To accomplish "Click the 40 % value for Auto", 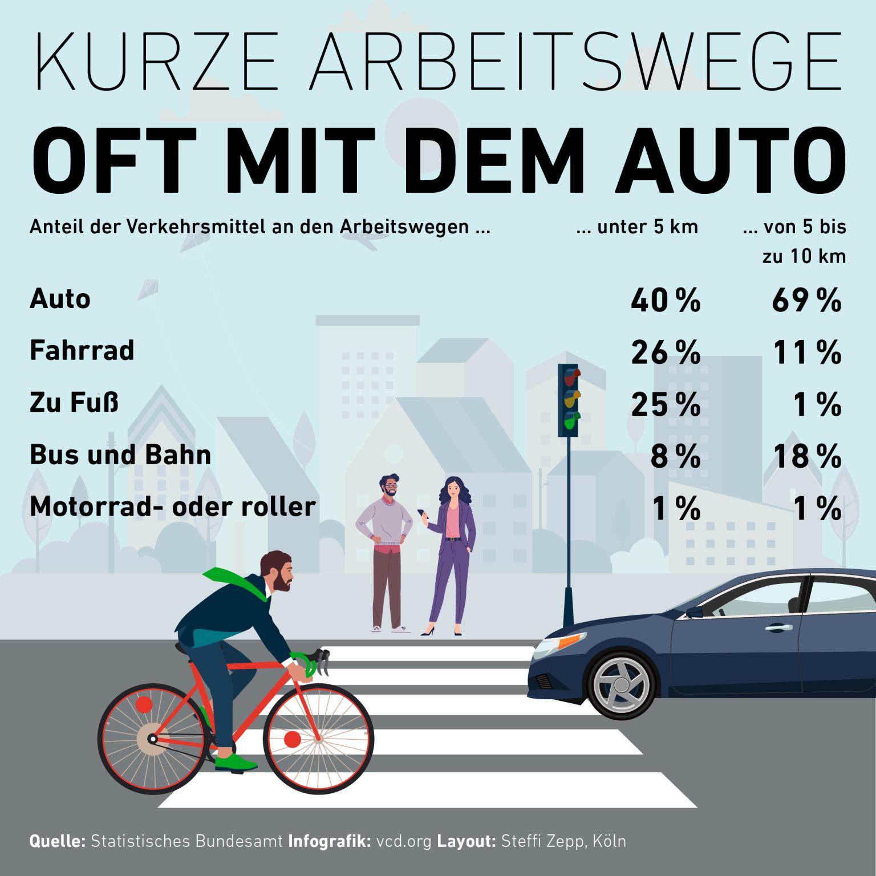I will [x=665, y=301].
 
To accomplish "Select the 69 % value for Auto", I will [x=806, y=301].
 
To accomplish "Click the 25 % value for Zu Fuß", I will [x=665, y=405].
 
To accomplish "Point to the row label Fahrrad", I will [x=82, y=350].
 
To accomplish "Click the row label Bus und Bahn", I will [x=120, y=455].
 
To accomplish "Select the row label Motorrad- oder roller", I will [x=172, y=506].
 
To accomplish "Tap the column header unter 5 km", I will [x=637, y=227].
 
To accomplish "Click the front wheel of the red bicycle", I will [x=320, y=740].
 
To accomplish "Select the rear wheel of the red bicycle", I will [x=152, y=739].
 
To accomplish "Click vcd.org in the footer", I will [x=404, y=841].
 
